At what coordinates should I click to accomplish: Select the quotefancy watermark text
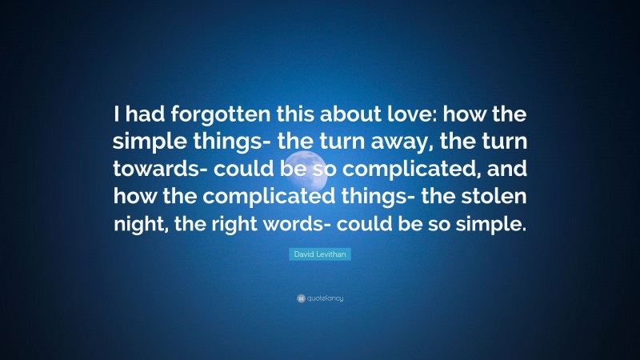click(x=325, y=298)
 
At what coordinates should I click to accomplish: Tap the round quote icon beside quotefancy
click(x=301, y=298)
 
